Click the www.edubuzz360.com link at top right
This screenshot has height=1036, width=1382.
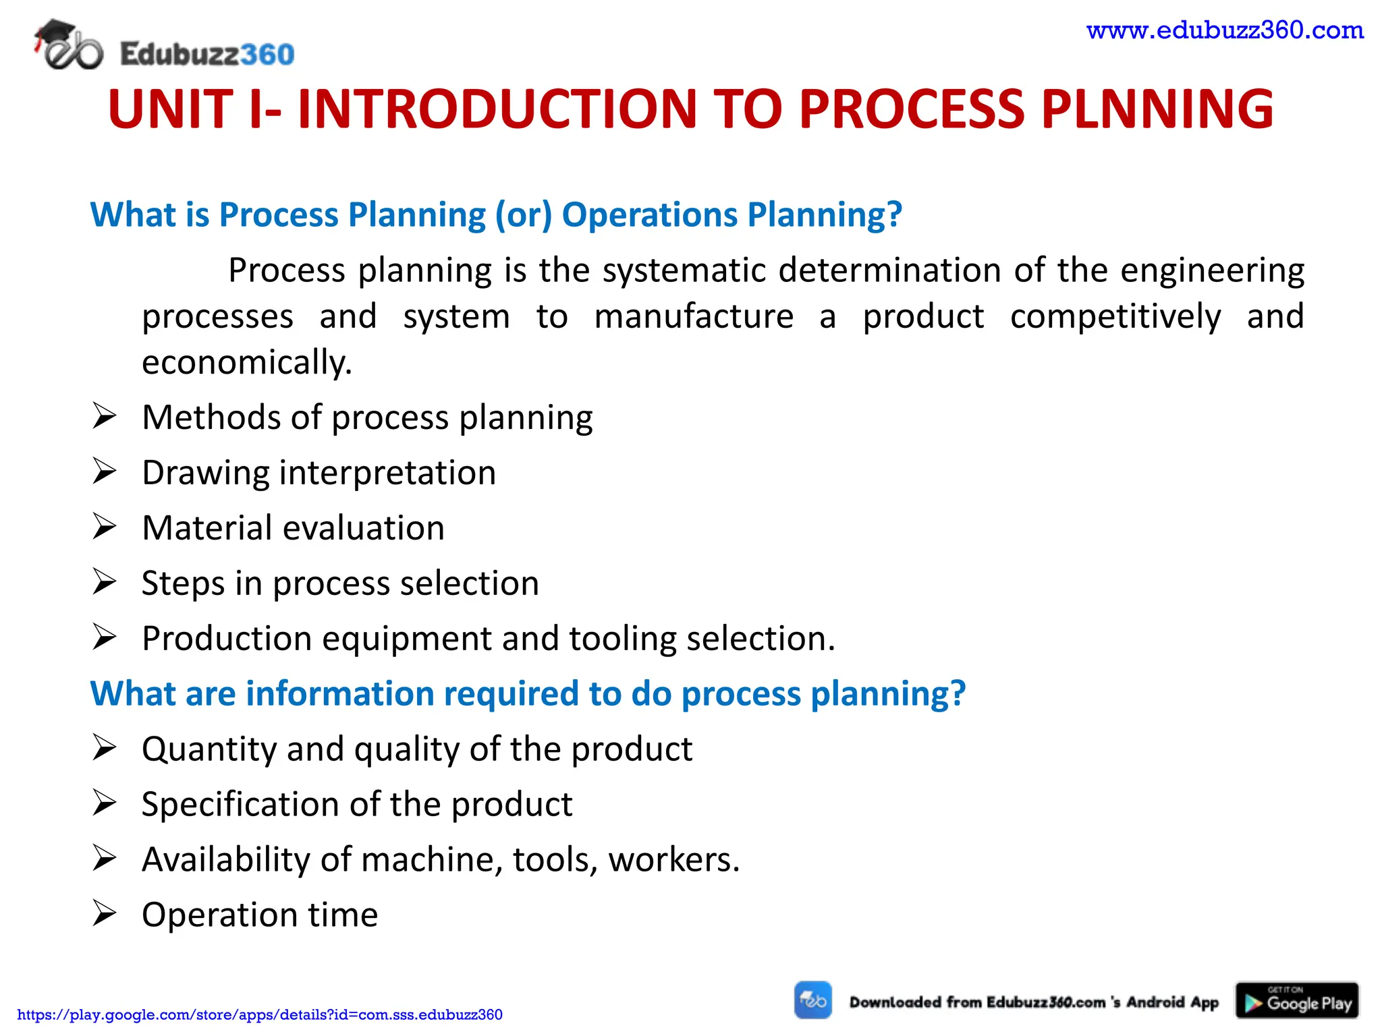1225,30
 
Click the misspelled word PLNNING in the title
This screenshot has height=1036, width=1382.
1157,109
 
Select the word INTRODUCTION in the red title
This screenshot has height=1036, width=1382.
497,109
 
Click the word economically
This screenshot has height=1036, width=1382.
246,363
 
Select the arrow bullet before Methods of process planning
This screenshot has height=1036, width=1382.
105,416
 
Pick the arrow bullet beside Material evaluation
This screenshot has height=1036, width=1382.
105,527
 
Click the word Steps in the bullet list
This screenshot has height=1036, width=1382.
182,583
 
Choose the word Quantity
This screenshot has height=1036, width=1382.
209,749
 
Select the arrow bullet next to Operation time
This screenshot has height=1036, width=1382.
105,914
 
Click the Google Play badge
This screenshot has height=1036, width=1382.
1296,1000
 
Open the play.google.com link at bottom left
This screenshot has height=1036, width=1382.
260,1015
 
